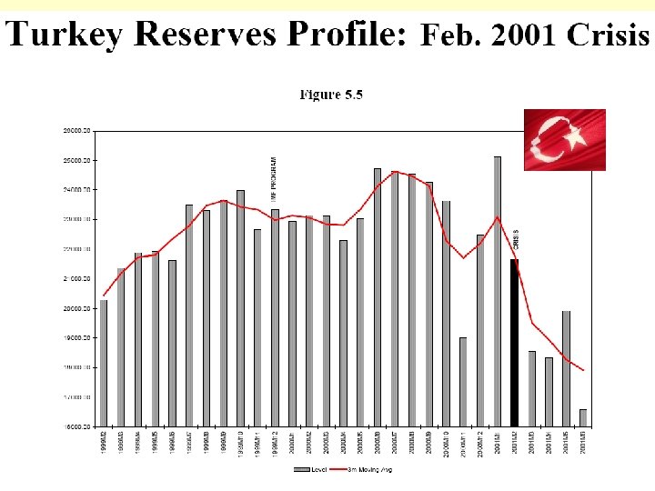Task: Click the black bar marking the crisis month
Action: pyautogui.click(x=515, y=342)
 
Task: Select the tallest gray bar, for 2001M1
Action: pyautogui.click(x=498, y=291)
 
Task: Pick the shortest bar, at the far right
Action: pyautogui.click(x=583, y=417)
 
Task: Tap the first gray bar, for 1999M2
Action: pyautogui.click(x=104, y=363)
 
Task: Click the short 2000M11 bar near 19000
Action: pyautogui.click(x=463, y=381)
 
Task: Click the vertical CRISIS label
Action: pyautogui.click(x=516, y=237)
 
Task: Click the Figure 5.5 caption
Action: pyautogui.click(x=332, y=95)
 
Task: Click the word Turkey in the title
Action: pyautogui.click(x=65, y=35)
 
